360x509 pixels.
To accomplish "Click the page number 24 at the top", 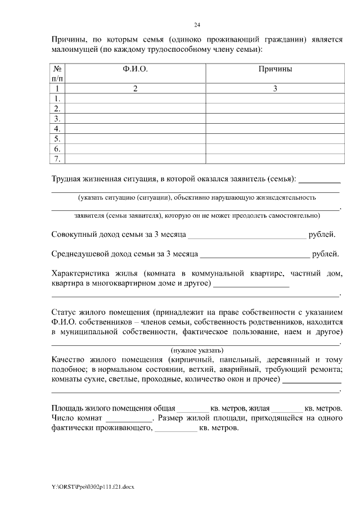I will pyautogui.click(x=197, y=25).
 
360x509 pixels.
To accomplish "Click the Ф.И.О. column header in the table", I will pyautogui.click(x=135, y=69).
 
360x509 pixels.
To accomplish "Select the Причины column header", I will pyautogui.click(x=275, y=69).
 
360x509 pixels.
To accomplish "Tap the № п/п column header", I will pyautogui.click(x=57, y=74).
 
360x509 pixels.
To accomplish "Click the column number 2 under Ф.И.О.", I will pyautogui.click(x=135, y=88).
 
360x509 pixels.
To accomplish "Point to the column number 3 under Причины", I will pyautogui.click(x=275, y=88).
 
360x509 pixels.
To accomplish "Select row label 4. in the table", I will pyautogui.click(x=57, y=129).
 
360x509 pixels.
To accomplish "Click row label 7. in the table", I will pyautogui.click(x=57, y=159).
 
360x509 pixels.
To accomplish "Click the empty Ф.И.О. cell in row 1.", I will pyautogui.click(x=135, y=98).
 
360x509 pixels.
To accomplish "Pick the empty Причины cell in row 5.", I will pyautogui.click(x=275, y=139).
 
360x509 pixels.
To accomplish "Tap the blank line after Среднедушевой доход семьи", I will pyautogui.click(x=254, y=255).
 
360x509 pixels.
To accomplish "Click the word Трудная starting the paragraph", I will pyautogui.click(x=66, y=179).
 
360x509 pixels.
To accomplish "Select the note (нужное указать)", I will pyautogui.click(x=196, y=349).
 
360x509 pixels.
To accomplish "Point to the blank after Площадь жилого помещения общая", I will pyautogui.click(x=192, y=408).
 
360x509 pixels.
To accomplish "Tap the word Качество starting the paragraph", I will pyautogui.click(x=68, y=359).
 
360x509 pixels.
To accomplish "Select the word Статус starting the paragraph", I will pyautogui.click(x=64, y=312).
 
